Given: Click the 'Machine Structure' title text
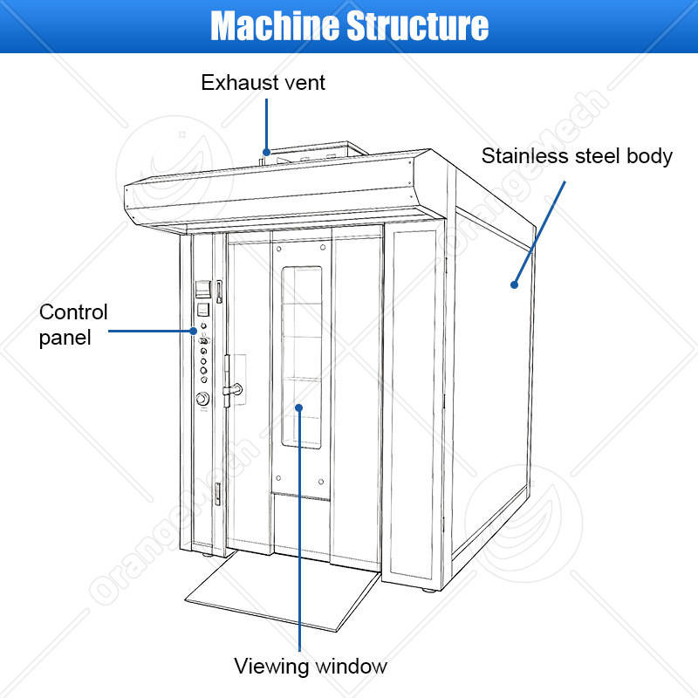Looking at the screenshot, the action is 350,26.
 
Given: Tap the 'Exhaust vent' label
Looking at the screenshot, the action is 263,83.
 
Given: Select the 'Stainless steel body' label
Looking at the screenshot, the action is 577,157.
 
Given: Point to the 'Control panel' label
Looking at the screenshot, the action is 73,325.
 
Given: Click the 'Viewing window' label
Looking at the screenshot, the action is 311,667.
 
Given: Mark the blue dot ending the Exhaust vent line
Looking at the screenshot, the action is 266,152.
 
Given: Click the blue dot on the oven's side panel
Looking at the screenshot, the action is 514,285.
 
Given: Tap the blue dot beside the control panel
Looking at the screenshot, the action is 193,331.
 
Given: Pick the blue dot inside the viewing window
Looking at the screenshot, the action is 299,407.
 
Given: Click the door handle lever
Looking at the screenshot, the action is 233,390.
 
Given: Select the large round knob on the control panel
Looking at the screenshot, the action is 203,399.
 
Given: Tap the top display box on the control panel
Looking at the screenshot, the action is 203,289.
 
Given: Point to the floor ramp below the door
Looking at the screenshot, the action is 283,591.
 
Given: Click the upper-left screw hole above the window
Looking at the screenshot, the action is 279,249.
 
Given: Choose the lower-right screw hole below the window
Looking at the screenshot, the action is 321,482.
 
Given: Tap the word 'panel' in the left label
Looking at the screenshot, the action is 65,339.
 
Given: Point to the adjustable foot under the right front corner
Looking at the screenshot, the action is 429,591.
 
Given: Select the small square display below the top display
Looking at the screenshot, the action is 203,310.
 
